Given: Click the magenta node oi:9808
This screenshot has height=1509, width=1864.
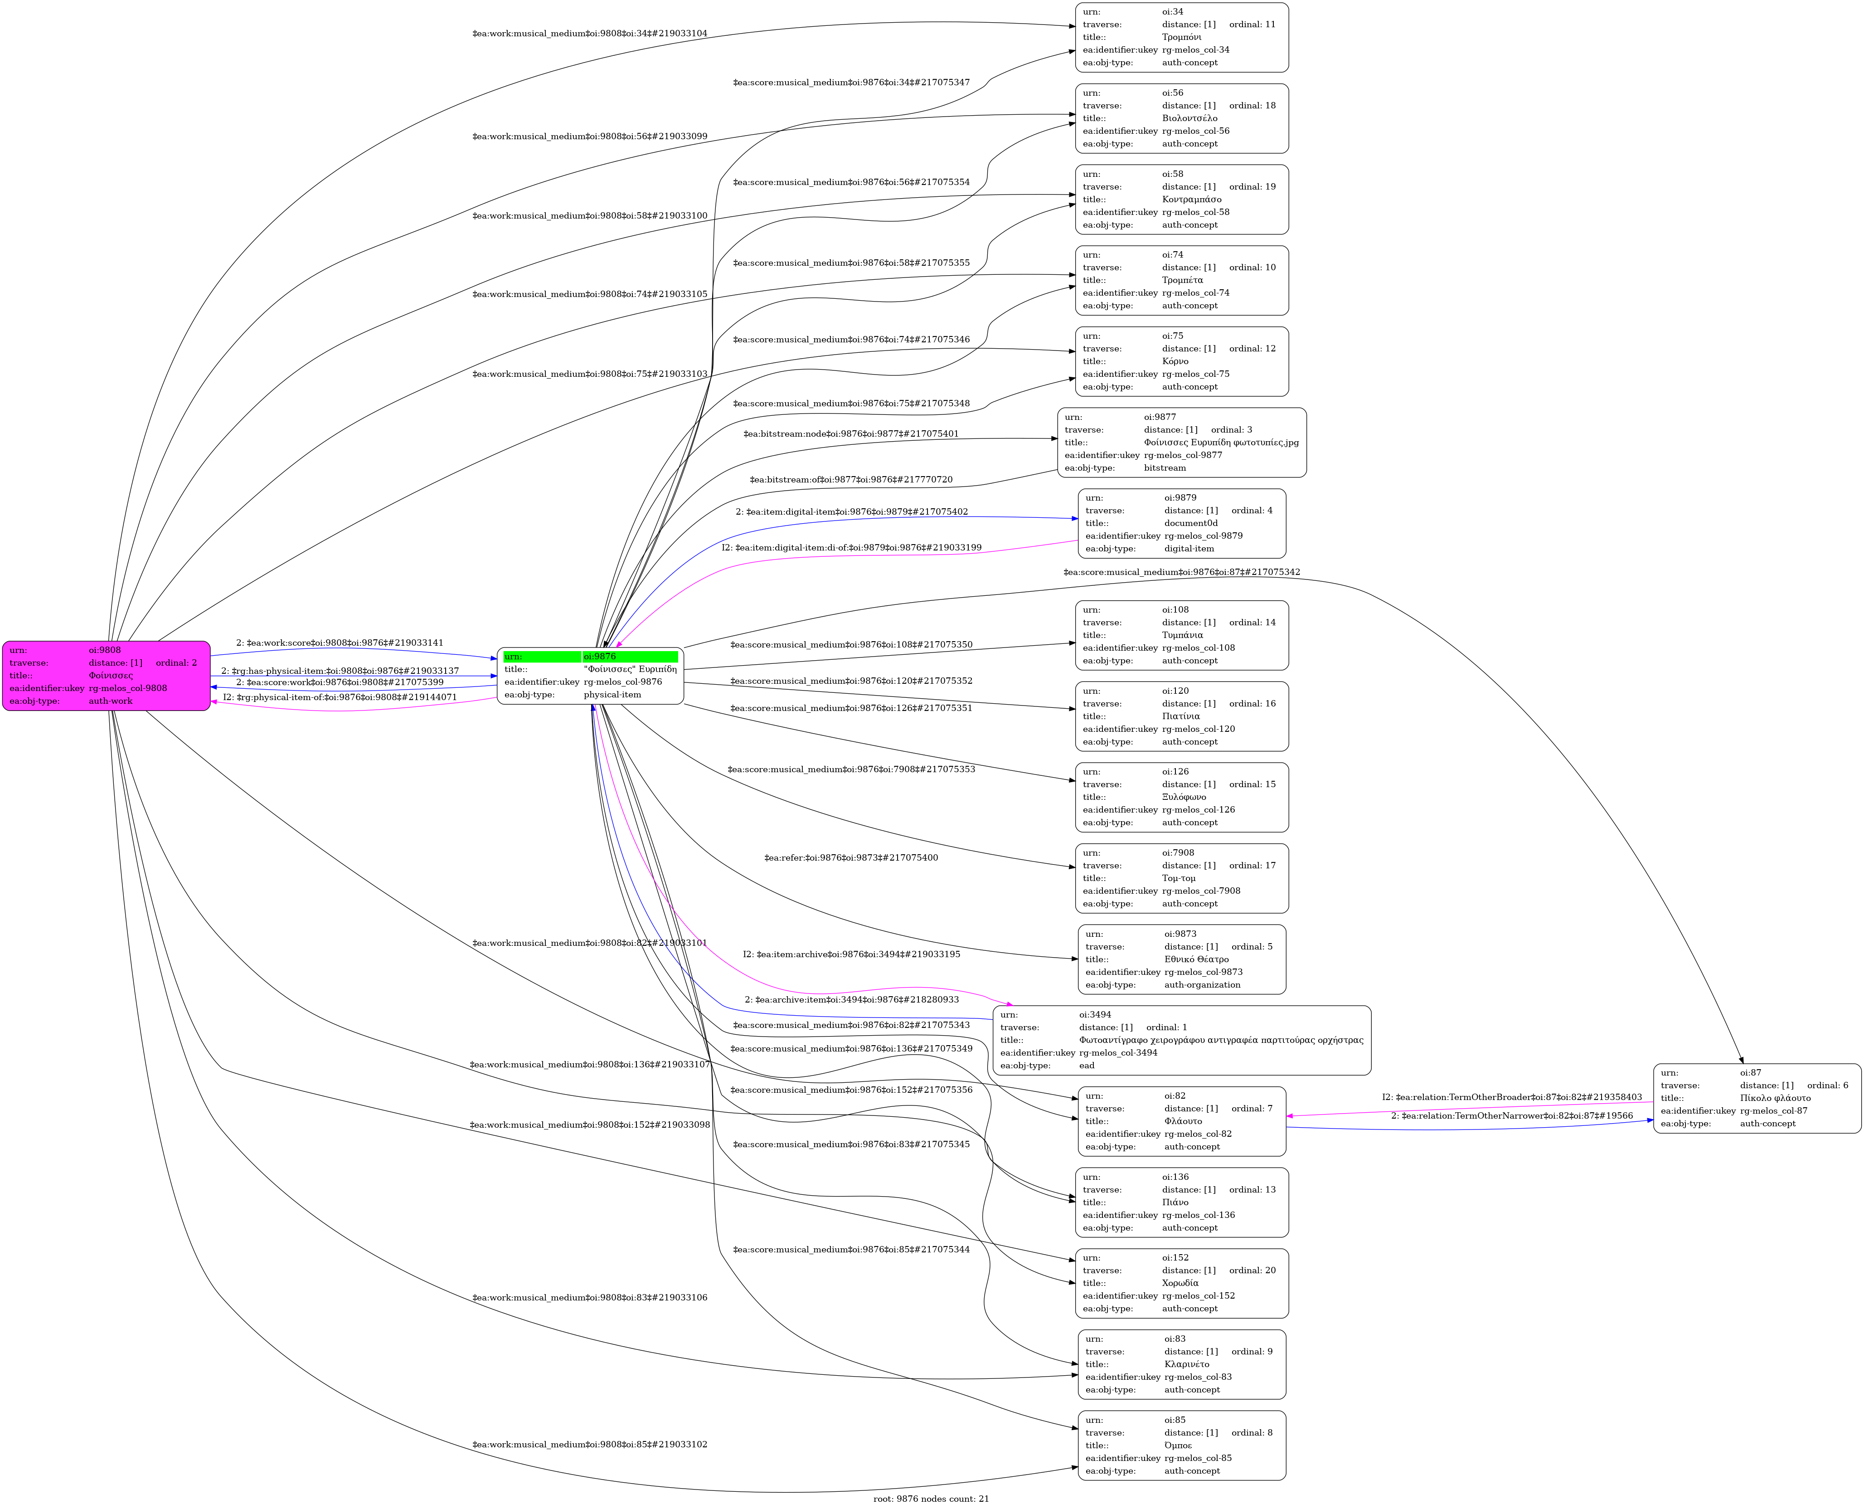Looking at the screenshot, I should tap(106, 676).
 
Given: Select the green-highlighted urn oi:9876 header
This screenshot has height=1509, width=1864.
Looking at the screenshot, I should tap(590, 656).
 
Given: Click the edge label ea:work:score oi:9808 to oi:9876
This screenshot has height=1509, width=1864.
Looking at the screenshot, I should tap(340, 643).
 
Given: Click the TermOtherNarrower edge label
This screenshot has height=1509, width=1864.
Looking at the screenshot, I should tap(1512, 1116).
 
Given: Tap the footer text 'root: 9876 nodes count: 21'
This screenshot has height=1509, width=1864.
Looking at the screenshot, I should tap(931, 1499).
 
